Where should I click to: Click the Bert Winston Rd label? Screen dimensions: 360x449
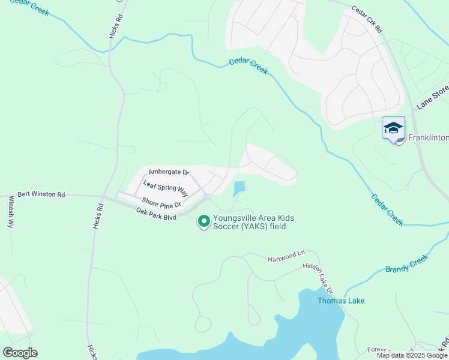click(41, 195)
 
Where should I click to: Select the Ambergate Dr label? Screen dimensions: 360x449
click(169, 172)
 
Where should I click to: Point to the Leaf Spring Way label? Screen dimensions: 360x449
click(166, 187)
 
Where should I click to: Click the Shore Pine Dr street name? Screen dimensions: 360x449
click(161, 202)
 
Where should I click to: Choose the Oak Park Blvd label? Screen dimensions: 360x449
click(156, 214)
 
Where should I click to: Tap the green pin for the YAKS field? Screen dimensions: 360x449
click(204, 221)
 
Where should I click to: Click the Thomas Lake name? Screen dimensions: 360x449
click(341, 301)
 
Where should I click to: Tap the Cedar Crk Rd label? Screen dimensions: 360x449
click(367, 19)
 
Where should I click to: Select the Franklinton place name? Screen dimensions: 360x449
click(428, 138)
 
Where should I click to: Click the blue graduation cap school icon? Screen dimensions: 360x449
click(393, 128)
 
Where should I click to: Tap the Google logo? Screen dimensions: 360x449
click(20, 353)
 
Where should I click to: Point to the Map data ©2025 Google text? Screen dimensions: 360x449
click(412, 355)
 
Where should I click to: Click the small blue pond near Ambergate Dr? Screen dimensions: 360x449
click(239, 188)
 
